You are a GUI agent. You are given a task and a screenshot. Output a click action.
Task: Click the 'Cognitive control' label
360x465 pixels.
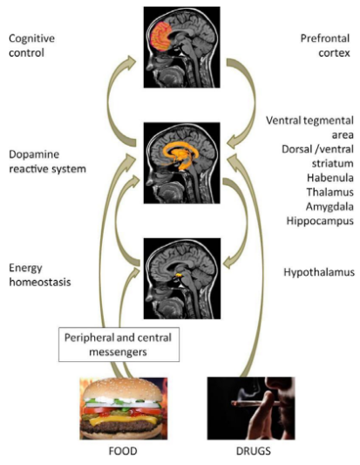[31, 45]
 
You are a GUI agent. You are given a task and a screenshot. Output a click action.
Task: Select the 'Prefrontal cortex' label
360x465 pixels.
[325, 45]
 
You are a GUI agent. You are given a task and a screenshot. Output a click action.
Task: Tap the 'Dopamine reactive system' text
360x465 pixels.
[47, 161]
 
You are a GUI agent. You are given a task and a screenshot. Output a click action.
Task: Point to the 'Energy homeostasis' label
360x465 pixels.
[40, 275]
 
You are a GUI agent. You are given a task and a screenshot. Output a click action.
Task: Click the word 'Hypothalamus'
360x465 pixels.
[319, 272]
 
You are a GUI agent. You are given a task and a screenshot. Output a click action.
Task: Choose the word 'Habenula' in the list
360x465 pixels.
[330, 178]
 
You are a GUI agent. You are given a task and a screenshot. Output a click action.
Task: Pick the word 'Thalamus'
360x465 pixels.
[330, 192]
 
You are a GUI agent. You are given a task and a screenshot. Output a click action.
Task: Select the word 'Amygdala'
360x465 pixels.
[329, 207]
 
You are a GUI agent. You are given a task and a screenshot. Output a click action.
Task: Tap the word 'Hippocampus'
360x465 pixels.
[320, 221]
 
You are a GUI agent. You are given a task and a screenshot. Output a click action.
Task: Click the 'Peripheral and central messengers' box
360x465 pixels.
[119, 345]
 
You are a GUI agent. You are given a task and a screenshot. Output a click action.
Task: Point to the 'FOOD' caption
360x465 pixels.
[123, 451]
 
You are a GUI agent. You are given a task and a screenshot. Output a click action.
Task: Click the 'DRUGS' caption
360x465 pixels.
[254, 451]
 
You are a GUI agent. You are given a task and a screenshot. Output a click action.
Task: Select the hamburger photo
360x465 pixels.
[124, 408]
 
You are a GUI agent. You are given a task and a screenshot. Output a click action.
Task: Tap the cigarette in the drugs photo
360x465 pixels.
[255, 403]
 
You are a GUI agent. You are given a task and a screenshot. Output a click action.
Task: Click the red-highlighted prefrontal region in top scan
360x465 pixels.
[162, 37]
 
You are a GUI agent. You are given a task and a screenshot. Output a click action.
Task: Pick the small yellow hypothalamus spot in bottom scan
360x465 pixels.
[178, 275]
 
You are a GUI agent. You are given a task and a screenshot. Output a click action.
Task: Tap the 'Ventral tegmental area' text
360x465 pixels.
[309, 127]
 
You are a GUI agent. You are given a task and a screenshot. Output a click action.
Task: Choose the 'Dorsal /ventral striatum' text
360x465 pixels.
[317, 156]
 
